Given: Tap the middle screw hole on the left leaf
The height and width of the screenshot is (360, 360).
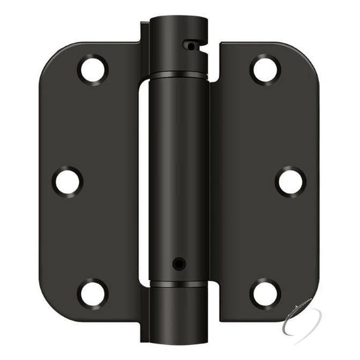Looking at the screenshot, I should coord(68,181).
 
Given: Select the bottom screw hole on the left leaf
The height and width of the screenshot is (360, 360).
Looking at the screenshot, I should coord(93,293).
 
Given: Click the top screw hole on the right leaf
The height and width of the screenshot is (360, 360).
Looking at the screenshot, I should coord(264,69).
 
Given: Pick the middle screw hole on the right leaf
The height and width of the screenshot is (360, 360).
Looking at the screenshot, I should coord(290,181).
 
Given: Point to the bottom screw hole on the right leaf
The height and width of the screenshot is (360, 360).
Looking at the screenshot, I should coord(264,293).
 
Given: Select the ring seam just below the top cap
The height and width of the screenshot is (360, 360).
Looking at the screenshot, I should coord(178,74).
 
